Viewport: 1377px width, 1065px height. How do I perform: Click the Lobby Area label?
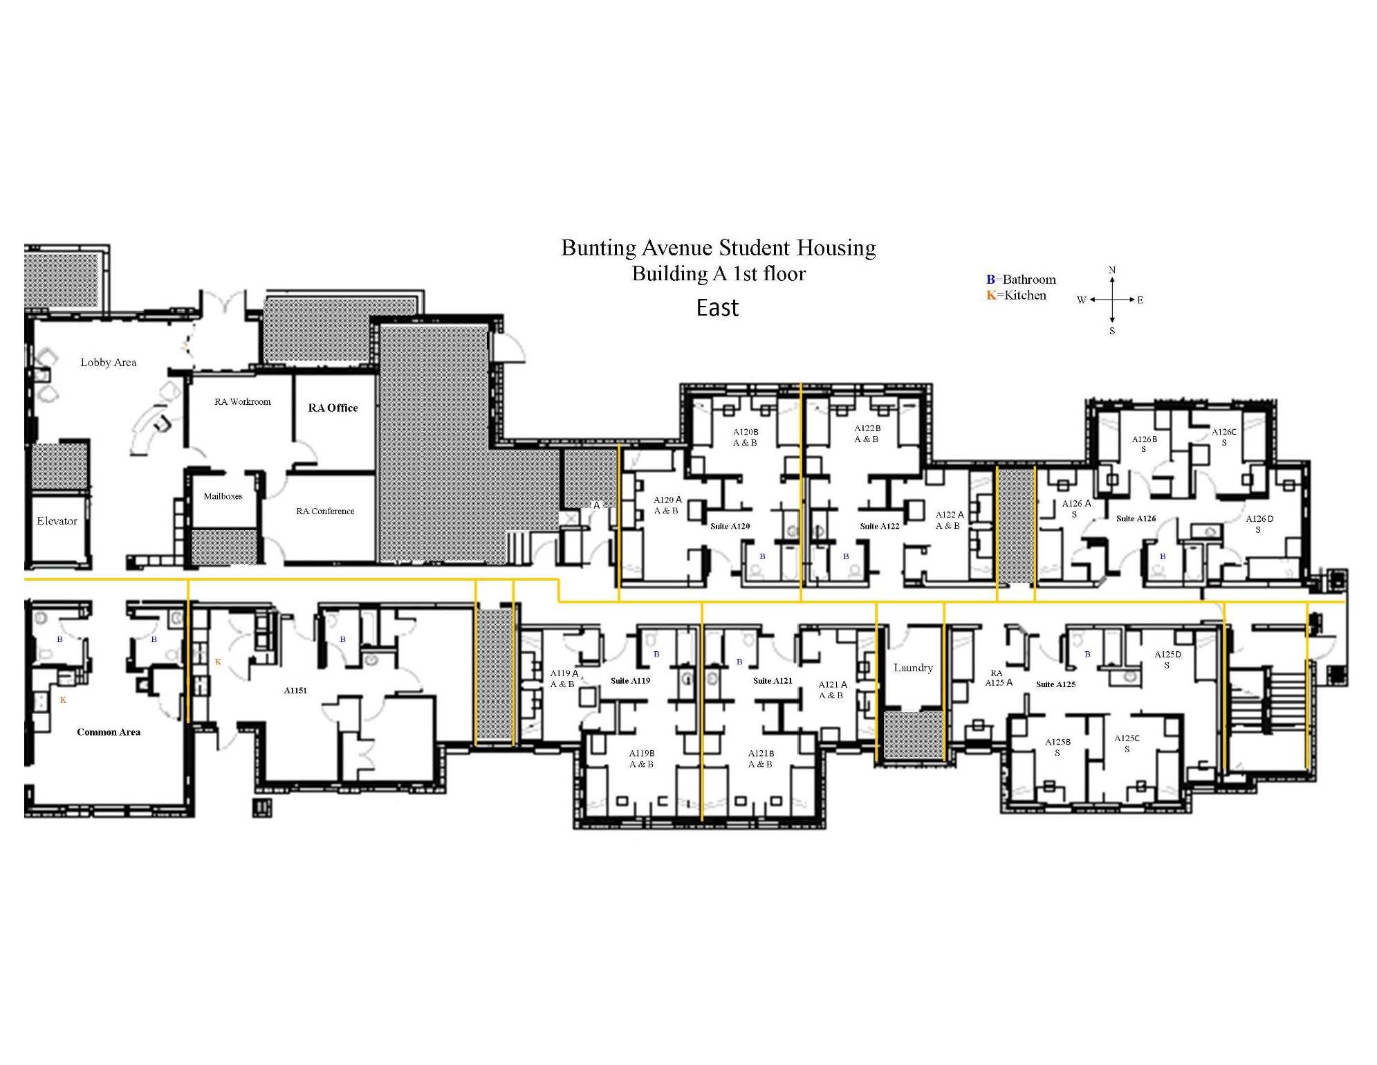(x=109, y=362)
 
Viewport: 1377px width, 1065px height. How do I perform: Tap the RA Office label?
(x=333, y=408)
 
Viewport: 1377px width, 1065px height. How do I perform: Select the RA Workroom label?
(x=243, y=401)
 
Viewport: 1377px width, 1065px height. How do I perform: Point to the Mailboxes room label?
(x=223, y=496)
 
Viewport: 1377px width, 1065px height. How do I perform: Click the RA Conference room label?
(x=325, y=511)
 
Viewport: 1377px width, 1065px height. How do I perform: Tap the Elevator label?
(x=57, y=521)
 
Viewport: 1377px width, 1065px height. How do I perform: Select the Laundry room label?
(x=913, y=668)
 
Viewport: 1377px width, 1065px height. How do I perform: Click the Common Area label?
(x=109, y=732)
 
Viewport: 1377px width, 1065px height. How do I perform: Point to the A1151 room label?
(x=295, y=690)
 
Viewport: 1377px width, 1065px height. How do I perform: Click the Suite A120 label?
(x=730, y=526)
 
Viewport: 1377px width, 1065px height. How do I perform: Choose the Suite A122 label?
(x=880, y=526)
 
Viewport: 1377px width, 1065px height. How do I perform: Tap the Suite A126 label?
(x=1136, y=518)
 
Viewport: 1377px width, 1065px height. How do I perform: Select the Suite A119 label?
(x=631, y=680)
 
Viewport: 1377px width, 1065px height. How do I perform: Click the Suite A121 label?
(x=773, y=680)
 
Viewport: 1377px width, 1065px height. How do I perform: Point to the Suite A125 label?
(x=1056, y=684)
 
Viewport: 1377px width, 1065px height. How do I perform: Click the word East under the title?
(x=718, y=308)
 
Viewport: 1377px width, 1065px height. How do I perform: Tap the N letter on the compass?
(x=1112, y=270)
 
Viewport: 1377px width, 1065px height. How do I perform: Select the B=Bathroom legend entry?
(x=1021, y=280)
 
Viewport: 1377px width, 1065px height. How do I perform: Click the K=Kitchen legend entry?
(x=1017, y=295)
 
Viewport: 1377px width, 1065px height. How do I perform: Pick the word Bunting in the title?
(x=599, y=248)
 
